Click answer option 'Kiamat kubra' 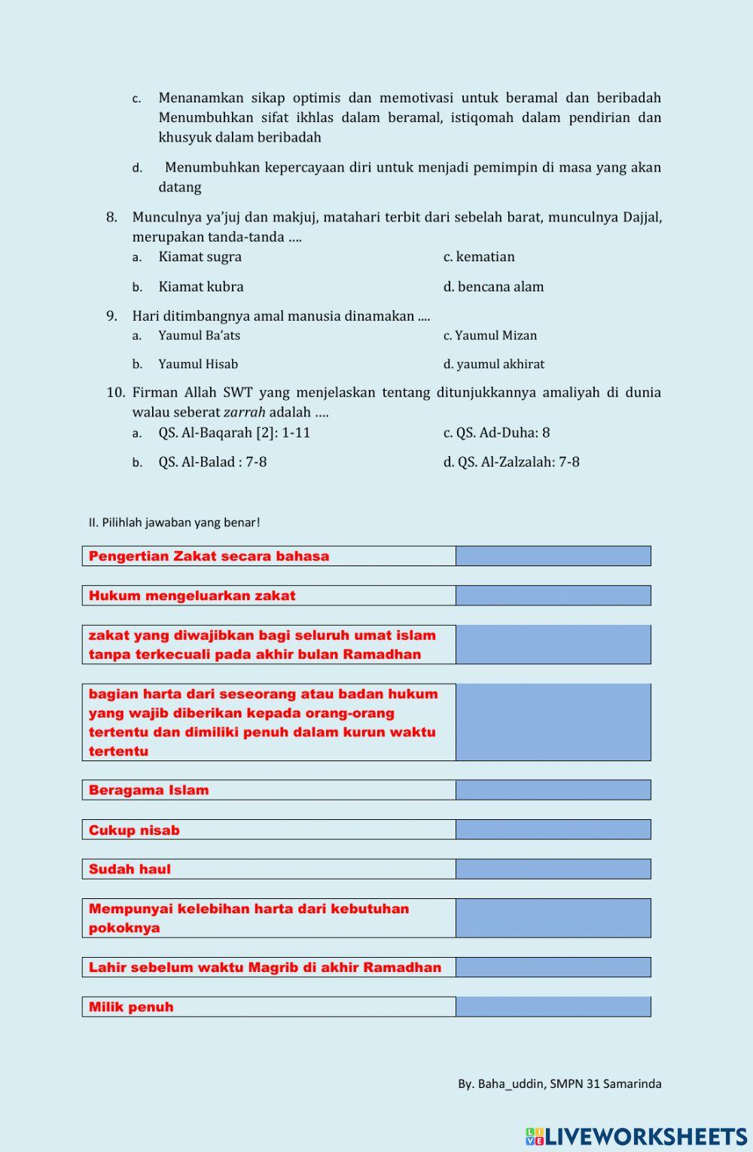point(200,287)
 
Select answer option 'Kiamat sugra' point(200,257)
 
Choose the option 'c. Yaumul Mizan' point(490,336)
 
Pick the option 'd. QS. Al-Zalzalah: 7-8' point(511,462)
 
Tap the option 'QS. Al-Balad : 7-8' point(212,462)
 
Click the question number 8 point(111,218)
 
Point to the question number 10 point(115,392)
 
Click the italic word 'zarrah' point(244,413)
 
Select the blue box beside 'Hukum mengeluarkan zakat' point(553,596)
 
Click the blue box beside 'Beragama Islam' point(553,790)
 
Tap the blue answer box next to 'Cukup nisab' point(553,830)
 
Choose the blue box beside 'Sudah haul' point(553,869)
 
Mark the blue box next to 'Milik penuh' point(553,1007)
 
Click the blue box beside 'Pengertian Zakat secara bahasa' point(553,556)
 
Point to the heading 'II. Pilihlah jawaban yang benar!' point(174,523)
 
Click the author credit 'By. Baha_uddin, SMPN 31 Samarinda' point(559,1084)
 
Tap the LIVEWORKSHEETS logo point(636,1136)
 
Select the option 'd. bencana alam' point(493,287)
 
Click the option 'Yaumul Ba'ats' point(199,336)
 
